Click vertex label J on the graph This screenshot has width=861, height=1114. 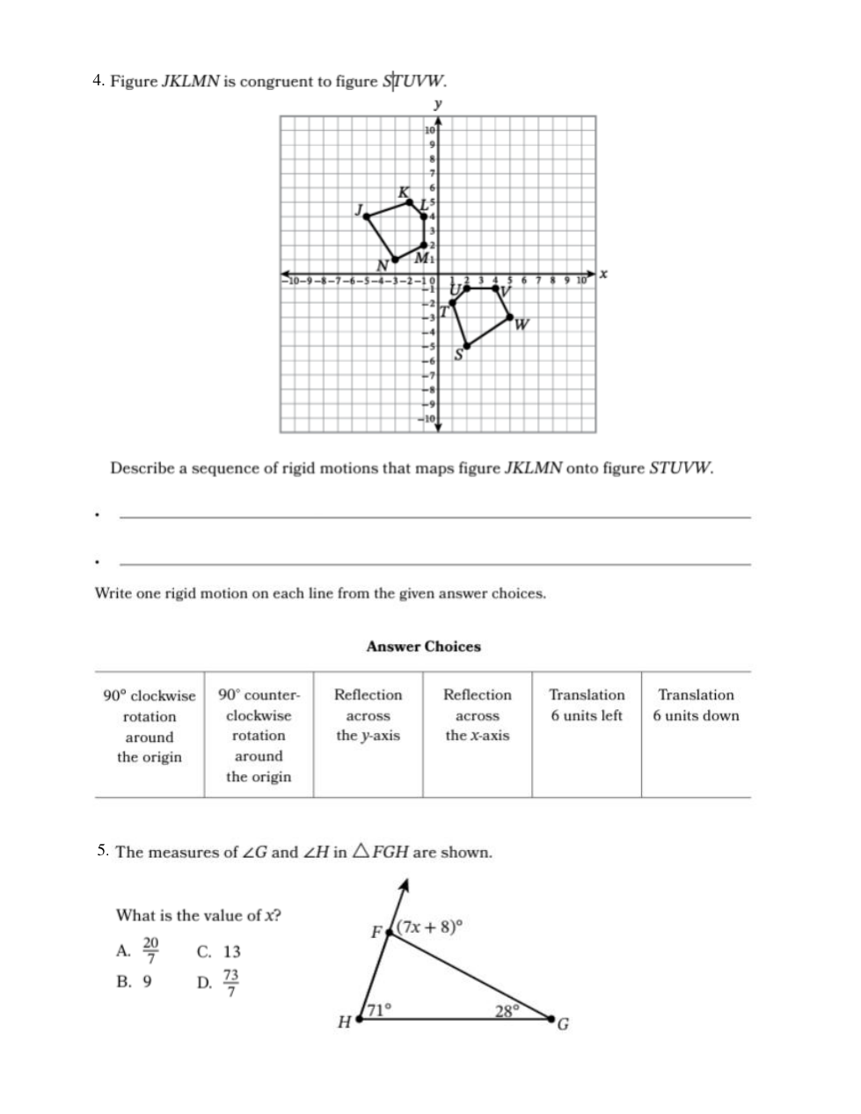click(359, 209)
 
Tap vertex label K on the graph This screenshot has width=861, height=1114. click(403, 192)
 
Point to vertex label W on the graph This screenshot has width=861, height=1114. click(522, 325)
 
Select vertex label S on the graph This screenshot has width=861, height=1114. click(458, 355)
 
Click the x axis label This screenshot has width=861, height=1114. click(604, 275)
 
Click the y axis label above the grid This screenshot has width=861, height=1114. click(438, 104)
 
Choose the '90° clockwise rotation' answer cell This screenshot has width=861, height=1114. click(150, 726)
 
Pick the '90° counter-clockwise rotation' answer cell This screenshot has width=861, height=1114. click(259, 735)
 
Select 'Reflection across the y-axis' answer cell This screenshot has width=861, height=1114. click(368, 715)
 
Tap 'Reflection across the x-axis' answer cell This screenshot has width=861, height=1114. click(477, 715)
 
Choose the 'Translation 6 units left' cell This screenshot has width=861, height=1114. click(587, 705)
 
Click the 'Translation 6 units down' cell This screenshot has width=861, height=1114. click(696, 705)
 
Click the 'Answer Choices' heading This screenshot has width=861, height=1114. click(423, 647)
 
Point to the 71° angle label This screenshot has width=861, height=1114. click(378, 1010)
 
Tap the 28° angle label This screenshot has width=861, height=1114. click(507, 1011)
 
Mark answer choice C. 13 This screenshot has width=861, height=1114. click(220, 952)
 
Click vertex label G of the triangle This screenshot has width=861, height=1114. click(564, 1024)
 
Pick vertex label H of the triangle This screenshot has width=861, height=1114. click(344, 1022)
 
